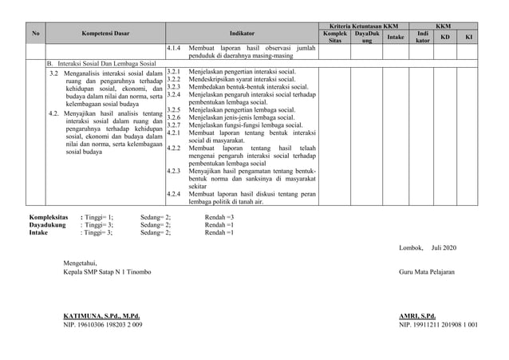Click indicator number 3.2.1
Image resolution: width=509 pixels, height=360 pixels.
[174, 73]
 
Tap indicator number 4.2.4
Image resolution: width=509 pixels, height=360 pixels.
[174, 194]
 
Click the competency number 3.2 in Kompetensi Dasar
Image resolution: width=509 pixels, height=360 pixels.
[54, 73]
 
